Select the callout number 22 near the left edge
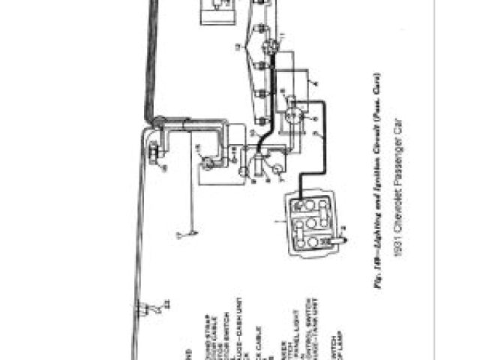(x=166, y=308)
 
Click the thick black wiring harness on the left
(x=150, y=60)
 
